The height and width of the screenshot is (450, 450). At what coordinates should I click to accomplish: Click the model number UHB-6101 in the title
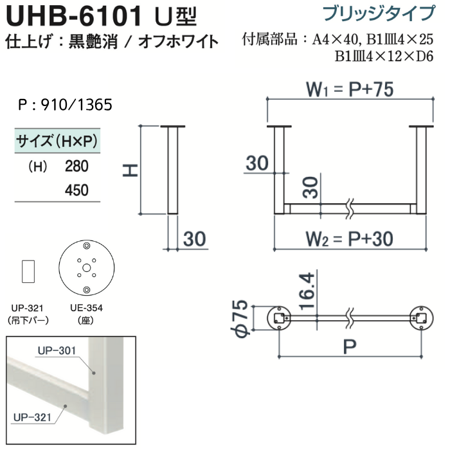[74, 16]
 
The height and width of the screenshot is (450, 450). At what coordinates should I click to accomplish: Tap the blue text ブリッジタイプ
[379, 14]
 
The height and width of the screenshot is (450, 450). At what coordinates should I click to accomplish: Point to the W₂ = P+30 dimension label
[349, 239]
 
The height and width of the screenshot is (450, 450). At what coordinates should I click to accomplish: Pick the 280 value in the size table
[76, 166]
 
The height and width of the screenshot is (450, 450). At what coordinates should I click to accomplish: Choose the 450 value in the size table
[76, 190]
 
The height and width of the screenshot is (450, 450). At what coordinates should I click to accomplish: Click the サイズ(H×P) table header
[57, 141]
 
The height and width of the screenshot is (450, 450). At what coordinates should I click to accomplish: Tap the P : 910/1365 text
[65, 105]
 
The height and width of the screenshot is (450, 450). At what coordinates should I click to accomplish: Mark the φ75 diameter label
[240, 318]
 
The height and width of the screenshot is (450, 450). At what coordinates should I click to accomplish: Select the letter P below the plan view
[350, 346]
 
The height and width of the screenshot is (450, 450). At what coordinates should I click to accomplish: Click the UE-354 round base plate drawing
[86, 268]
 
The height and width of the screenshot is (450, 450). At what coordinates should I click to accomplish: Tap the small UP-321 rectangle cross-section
[28, 271]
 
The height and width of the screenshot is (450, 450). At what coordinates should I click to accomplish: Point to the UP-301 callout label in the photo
[57, 350]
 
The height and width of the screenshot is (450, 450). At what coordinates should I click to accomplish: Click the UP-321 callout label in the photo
[32, 417]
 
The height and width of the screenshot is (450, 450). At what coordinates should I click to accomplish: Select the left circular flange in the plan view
[279, 318]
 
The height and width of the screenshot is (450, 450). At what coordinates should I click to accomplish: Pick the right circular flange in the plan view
[421, 318]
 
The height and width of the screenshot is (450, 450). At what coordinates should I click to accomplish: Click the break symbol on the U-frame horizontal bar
[350, 209]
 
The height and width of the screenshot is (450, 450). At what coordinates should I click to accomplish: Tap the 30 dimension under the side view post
[194, 239]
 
